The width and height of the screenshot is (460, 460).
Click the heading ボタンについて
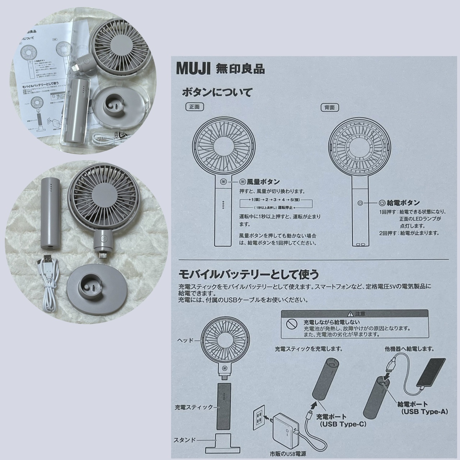click(217, 92)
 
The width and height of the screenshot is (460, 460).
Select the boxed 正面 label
click(194, 107)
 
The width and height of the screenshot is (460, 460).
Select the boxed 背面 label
click(329, 107)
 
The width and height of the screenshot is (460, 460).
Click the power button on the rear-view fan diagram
click(360, 203)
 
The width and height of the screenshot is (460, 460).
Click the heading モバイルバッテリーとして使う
click(249, 275)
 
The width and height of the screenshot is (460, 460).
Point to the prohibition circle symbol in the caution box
click(290, 324)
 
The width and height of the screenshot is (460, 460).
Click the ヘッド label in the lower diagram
click(185, 340)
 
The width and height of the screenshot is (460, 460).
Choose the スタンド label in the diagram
click(185, 440)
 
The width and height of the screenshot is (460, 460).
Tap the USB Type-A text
click(425, 411)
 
